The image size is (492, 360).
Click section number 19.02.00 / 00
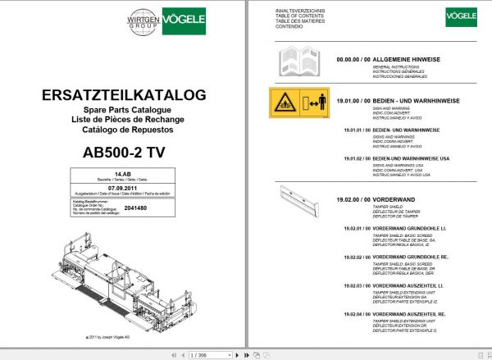(353, 200)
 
